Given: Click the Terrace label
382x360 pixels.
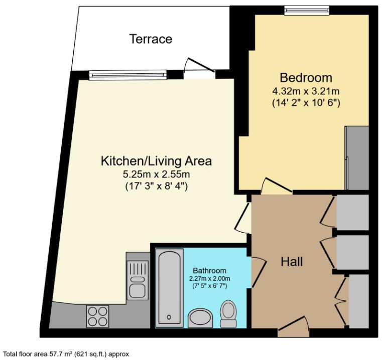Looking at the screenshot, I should [151, 39].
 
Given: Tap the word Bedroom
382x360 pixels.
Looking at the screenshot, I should [306, 78].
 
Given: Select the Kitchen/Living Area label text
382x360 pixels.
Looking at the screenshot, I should [156, 161].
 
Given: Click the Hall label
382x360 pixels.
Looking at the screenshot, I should [291, 261].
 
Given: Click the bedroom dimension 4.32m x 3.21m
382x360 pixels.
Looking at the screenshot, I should [306, 91].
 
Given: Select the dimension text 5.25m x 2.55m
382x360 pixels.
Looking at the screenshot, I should [157, 174].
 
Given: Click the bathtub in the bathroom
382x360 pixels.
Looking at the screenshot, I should [167, 287].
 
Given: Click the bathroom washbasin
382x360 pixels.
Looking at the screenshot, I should [200, 317].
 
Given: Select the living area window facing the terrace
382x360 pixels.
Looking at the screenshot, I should [128, 75].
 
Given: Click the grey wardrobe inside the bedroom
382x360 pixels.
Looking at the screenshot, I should [357, 158].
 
